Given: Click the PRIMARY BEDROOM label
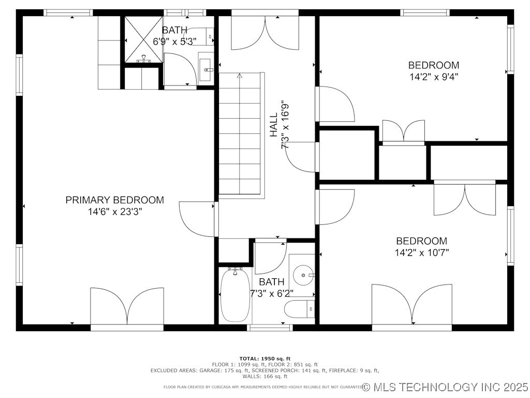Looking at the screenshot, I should [x=114, y=200].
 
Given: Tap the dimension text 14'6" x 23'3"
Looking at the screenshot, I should [x=114, y=212].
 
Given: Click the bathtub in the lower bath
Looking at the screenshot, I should [x=235, y=295].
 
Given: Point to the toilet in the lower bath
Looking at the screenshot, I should [x=299, y=309].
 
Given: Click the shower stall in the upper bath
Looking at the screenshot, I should [x=142, y=39].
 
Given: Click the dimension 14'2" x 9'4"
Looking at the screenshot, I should [x=433, y=77].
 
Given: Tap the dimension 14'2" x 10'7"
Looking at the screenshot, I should [x=421, y=253].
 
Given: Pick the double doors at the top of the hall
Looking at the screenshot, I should [x=266, y=32].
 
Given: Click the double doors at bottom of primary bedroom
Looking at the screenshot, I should [x=127, y=306].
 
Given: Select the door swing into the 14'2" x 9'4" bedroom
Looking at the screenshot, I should [x=336, y=104].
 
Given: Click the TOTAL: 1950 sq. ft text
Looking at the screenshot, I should [x=264, y=359].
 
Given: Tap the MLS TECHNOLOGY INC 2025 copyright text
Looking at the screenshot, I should [x=445, y=387].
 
